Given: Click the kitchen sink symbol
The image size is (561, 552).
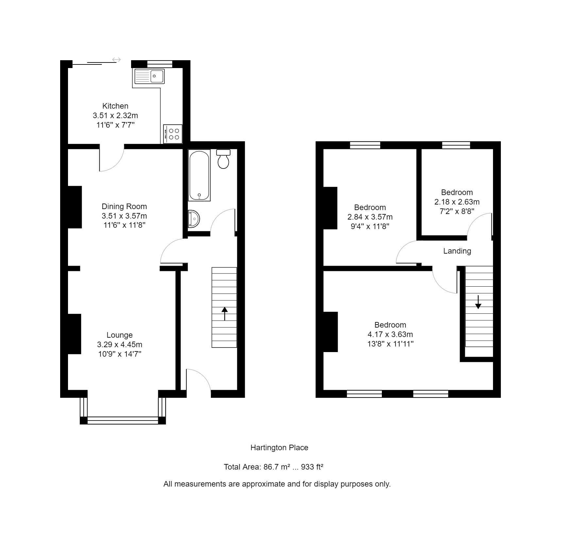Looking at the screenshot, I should click(x=150, y=76).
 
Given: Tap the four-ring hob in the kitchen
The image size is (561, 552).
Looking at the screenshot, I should click(x=173, y=134).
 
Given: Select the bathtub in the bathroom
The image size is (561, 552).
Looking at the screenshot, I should click(x=199, y=175).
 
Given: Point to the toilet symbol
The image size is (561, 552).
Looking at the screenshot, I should click(x=223, y=159).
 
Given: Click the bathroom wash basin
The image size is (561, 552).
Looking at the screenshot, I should click(x=194, y=219).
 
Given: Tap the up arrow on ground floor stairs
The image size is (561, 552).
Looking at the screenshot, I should click(x=225, y=313).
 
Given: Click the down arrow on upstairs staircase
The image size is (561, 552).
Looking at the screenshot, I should click(x=478, y=302).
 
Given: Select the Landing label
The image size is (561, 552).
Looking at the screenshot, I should click(x=457, y=251).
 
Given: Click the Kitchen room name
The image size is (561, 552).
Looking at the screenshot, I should click(x=115, y=106).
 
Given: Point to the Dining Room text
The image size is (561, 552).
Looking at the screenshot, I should click(x=124, y=206).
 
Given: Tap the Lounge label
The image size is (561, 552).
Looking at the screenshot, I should click(x=119, y=335).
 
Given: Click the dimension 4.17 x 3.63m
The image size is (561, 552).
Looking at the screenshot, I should click(x=390, y=334).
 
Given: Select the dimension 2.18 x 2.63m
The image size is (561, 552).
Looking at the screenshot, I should click(x=457, y=202).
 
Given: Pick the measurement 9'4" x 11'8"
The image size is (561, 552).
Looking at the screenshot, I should click(x=370, y=226).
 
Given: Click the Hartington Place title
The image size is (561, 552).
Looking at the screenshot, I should click(x=279, y=448).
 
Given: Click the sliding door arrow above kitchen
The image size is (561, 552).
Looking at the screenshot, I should click(x=117, y=60).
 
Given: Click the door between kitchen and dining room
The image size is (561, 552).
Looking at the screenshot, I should click(x=111, y=158).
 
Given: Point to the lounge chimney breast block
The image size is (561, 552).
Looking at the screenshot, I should click(x=75, y=334).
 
